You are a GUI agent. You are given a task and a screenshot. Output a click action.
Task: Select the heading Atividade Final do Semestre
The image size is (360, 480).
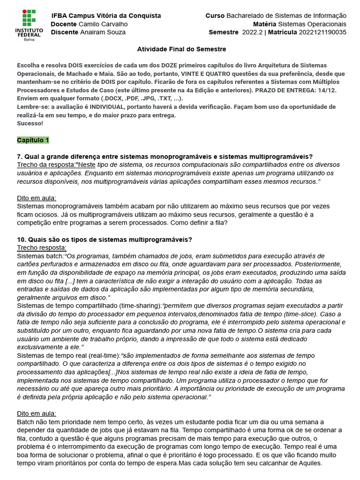(x=181, y=49)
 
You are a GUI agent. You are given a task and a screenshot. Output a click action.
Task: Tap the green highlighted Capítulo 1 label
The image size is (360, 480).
(x=33, y=140)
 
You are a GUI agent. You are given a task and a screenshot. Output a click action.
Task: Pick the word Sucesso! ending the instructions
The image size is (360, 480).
(x=30, y=123)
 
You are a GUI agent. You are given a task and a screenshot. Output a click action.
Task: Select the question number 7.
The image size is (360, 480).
(x=19, y=157)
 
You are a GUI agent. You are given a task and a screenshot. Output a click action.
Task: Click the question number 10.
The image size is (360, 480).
(x=21, y=239)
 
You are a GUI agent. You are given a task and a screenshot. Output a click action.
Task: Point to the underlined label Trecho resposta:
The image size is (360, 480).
(x=42, y=247)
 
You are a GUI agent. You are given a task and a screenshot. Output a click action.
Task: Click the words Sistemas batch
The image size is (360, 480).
(x=40, y=256)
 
